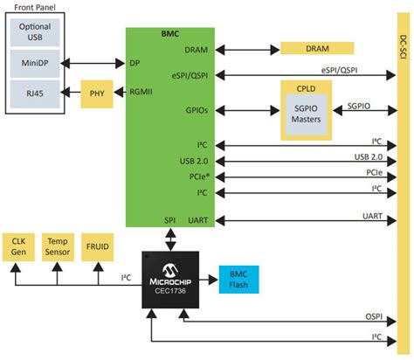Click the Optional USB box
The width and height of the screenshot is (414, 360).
point(36,31)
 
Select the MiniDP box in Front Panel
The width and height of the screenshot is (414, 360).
point(36,63)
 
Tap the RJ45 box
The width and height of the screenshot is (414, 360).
point(36,93)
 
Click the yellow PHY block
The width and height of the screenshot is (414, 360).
point(98,93)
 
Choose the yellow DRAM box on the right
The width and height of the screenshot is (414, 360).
point(317,49)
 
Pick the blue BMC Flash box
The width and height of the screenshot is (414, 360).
point(238,277)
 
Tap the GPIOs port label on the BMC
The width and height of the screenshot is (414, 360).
point(197,110)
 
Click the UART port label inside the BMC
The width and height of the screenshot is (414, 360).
point(197,220)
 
